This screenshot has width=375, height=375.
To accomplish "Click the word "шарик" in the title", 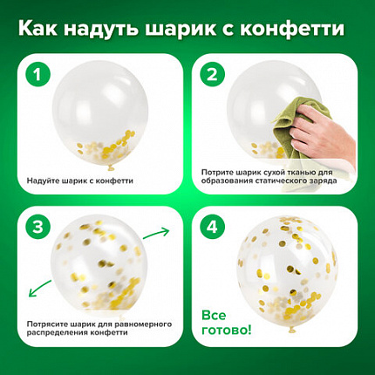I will coord(198,29).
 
